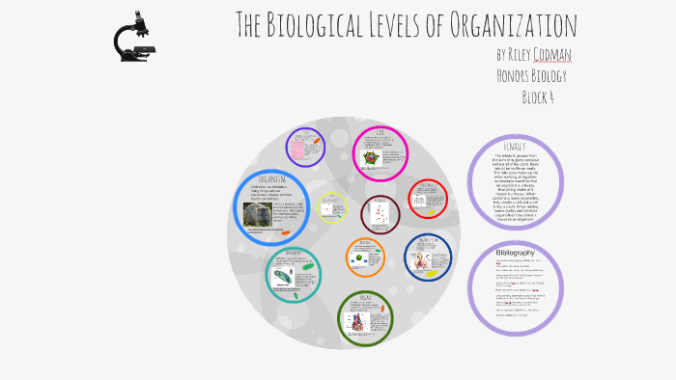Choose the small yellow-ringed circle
tap(331, 207)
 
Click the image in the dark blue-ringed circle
tap(421, 261)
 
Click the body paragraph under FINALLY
tap(514, 187)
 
